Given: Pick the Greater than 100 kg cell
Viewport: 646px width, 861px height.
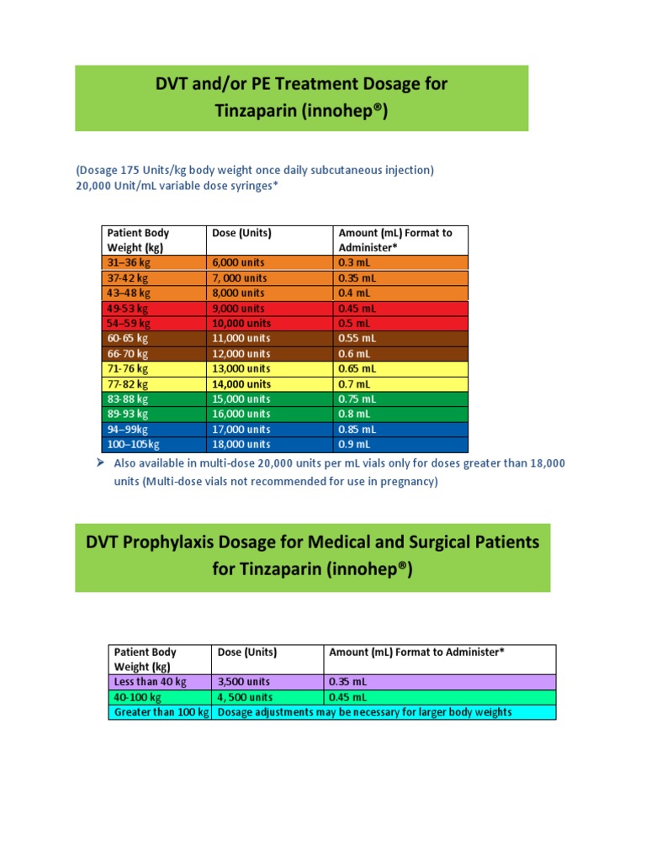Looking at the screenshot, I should coord(161,712).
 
